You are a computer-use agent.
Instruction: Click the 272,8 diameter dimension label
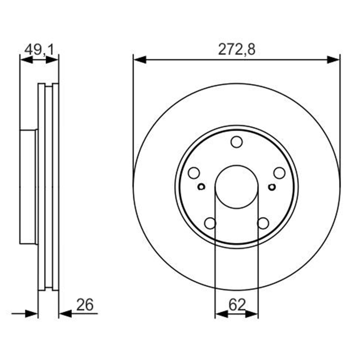point(237,49)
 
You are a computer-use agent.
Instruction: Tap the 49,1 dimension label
point(39,49)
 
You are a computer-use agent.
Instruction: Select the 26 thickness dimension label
point(85,305)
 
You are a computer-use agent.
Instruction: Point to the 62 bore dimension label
point(237,305)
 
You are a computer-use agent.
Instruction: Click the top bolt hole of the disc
point(237,142)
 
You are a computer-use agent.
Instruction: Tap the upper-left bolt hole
point(194,173)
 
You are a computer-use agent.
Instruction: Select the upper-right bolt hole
point(279,173)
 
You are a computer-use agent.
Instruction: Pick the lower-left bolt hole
point(210,223)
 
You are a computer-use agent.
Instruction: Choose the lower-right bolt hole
point(263,223)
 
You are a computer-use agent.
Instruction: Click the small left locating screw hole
point(201,187)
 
